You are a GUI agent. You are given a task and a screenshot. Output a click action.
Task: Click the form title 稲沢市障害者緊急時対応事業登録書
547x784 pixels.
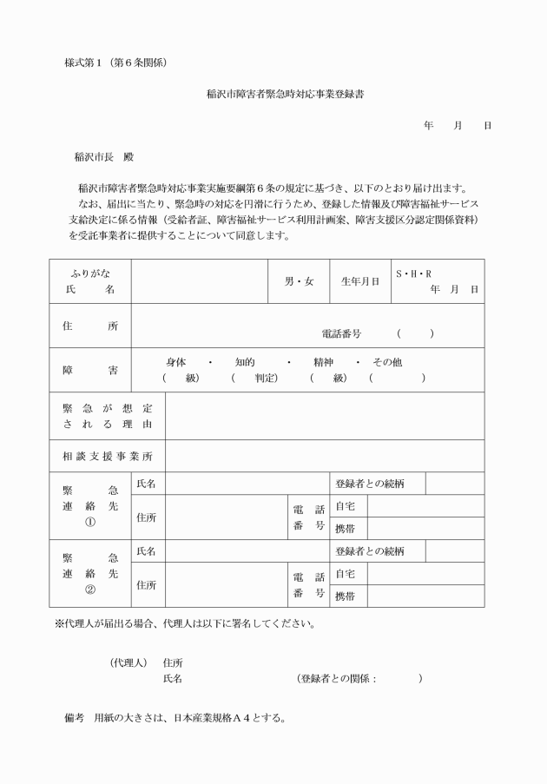273,94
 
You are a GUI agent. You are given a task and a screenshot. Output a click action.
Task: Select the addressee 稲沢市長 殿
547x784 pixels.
106,158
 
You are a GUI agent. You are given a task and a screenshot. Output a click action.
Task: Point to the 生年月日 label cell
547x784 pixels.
359,281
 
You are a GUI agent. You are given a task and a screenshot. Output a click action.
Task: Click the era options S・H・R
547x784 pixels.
413,273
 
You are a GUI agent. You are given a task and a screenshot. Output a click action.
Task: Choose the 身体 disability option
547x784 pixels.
175,362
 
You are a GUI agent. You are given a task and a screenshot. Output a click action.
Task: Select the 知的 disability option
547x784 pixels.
244,362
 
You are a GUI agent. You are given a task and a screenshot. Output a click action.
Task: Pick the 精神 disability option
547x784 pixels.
324,362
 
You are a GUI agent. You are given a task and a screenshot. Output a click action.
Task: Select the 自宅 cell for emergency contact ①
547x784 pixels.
345,506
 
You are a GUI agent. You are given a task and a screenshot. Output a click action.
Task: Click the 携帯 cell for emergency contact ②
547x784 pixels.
345,596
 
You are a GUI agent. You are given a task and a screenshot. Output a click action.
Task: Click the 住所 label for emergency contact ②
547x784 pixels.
146,584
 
